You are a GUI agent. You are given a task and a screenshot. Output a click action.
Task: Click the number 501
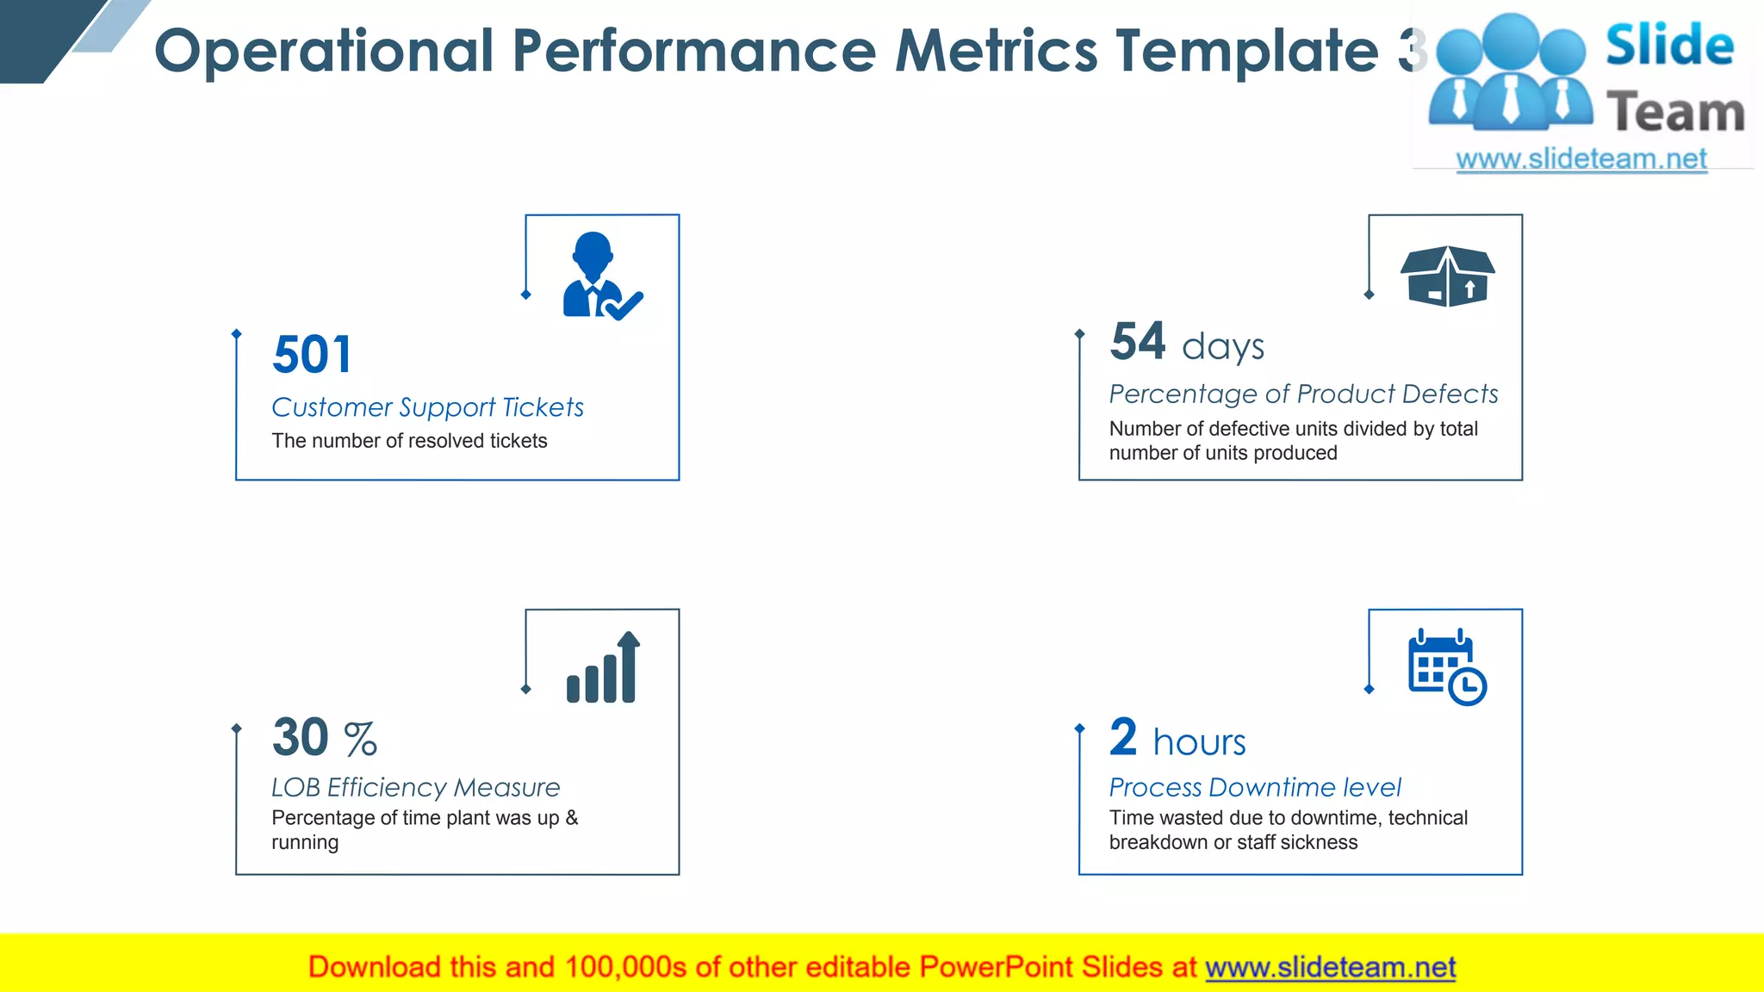(312, 355)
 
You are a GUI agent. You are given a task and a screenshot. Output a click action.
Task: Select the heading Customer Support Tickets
(427, 406)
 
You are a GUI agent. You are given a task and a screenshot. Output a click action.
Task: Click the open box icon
(1447, 276)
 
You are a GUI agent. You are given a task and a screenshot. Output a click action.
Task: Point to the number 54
(1138, 341)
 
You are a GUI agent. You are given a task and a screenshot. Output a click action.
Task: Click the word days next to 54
(1222, 347)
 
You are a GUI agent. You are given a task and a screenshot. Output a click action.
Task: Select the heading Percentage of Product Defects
(1303, 394)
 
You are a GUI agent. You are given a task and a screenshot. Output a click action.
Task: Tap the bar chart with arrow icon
(603, 668)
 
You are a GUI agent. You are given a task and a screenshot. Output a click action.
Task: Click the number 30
(301, 737)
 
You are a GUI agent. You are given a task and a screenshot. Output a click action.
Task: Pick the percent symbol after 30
(360, 739)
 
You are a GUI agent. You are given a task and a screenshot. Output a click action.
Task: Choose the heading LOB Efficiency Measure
(415, 787)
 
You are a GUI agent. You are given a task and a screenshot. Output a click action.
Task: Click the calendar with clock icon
(1446, 667)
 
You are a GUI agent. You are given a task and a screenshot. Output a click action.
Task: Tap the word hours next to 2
(1199, 742)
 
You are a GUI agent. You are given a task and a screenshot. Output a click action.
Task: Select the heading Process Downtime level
(1254, 787)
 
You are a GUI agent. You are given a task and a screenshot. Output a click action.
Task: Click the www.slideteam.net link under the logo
(1581, 158)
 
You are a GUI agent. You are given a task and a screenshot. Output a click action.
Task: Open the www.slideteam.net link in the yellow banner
(1330, 967)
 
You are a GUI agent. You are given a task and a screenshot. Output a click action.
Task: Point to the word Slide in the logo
(1669, 45)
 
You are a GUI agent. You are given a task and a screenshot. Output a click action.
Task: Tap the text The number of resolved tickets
(409, 441)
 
